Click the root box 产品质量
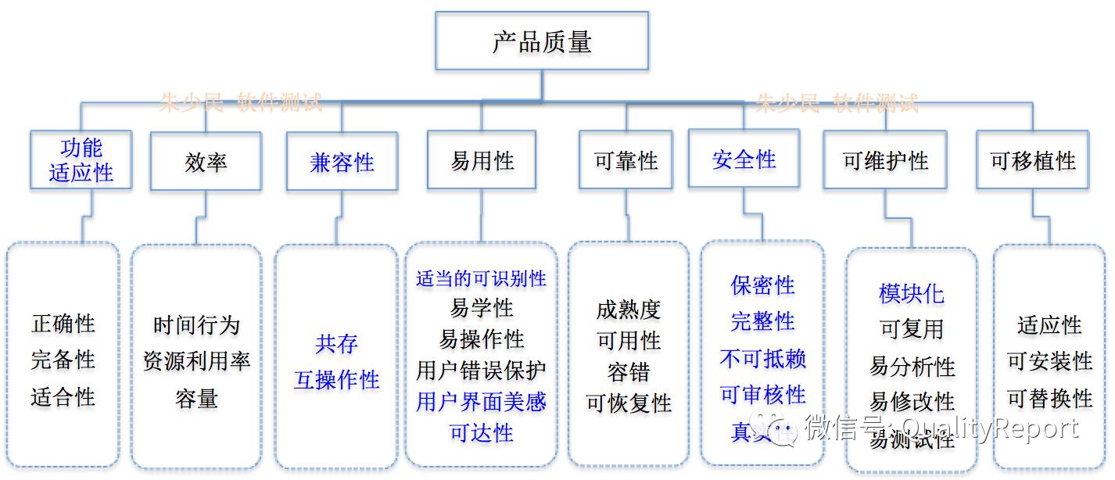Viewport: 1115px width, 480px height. click(542, 41)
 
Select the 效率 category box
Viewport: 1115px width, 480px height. click(206, 162)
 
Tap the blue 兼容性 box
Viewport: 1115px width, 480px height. click(342, 162)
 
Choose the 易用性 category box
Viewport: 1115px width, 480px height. click(482, 160)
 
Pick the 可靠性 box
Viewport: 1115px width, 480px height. click(626, 160)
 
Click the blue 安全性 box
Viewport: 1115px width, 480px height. click(744, 159)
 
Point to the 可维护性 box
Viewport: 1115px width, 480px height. click(885, 161)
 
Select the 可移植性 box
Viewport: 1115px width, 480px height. click(1032, 160)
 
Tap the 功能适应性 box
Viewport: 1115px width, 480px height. click(81, 160)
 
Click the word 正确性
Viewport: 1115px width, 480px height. click(63, 323)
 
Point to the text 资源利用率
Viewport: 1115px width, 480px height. click(196, 361)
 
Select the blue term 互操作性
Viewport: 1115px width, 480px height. click(336, 380)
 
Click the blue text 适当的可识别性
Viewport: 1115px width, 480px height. click(481, 278)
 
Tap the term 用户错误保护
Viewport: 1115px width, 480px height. click(481, 370)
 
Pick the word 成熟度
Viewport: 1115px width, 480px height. click(628, 310)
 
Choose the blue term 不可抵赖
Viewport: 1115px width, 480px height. click(762, 358)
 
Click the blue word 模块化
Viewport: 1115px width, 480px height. click(911, 294)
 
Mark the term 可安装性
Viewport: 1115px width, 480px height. click(1049, 360)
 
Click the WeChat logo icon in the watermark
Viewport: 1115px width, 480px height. click(781, 428)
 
